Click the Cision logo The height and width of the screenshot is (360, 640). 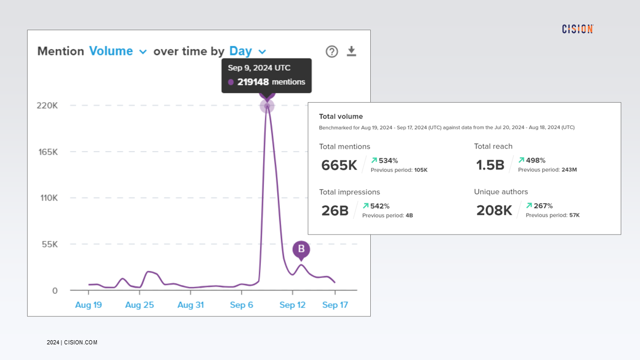578,29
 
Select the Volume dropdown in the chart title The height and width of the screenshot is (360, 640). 118,51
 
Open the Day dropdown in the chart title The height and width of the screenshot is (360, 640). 247,51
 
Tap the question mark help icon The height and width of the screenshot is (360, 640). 332,51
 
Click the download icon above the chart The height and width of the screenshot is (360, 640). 352,51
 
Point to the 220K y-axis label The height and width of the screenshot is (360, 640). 47,106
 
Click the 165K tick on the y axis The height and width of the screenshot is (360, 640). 47,152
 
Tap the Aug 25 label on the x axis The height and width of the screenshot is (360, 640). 140,305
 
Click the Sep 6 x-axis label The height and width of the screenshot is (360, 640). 241,305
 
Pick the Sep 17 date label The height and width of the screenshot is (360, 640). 335,305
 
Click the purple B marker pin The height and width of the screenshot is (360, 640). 301,249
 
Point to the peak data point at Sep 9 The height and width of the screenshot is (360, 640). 267,106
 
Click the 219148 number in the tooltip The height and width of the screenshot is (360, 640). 253,82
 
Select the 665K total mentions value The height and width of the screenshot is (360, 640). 339,165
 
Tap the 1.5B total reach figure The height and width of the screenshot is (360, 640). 490,165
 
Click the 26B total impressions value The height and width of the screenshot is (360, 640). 334,210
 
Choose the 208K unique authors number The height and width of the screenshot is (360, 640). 494,210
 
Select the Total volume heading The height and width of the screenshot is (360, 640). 341,117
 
